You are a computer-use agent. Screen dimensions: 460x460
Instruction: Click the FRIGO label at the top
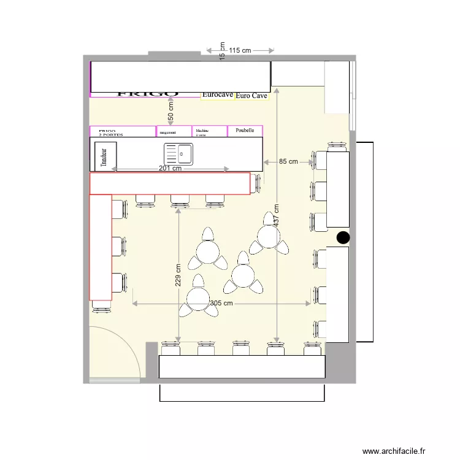point(147,94)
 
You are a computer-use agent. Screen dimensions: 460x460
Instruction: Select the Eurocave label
point(218,95)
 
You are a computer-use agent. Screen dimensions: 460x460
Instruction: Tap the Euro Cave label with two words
point(251,96)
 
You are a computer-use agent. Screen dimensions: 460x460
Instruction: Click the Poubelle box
point(245,131)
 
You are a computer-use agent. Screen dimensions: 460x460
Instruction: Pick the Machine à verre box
point(209,131)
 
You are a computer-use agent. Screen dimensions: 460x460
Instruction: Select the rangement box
point(174,131)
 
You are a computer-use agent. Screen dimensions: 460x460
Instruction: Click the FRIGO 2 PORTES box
point(122,131)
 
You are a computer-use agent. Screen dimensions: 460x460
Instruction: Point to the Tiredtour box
point(104,156)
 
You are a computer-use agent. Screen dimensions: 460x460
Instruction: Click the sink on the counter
point(178,154)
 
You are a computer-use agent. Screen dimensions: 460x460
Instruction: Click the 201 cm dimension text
point(170,169)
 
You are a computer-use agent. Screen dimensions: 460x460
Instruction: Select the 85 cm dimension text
point(288,162)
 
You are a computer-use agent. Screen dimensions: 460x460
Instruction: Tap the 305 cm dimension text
point(221,303)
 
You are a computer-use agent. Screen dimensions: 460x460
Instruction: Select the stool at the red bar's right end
point(258,183)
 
